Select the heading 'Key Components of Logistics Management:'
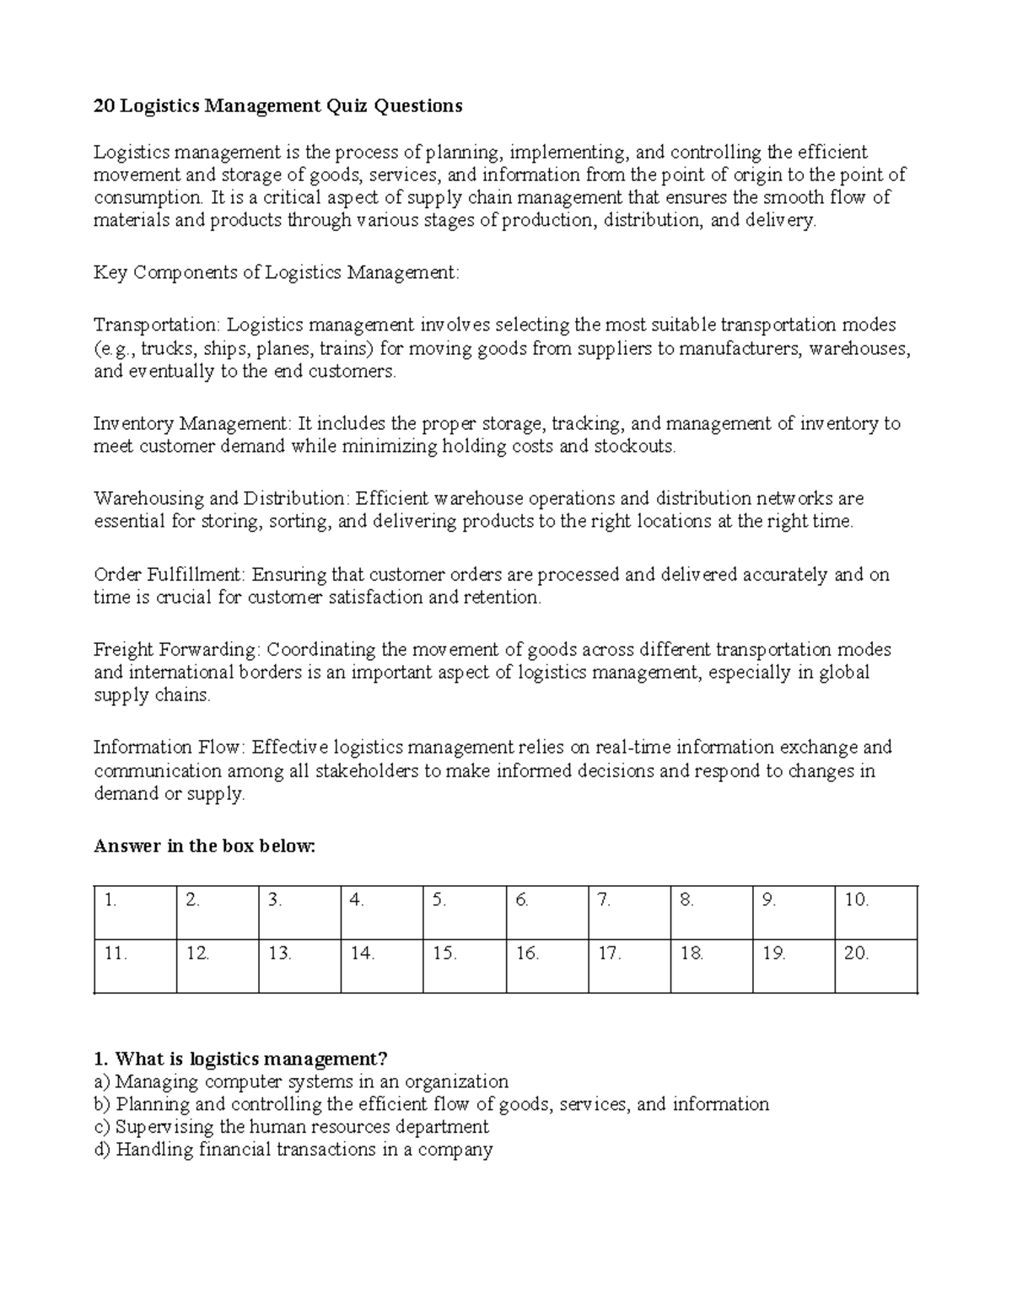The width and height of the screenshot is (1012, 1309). click(277, 272)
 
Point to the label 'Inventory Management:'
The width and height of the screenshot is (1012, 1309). click(191, 423)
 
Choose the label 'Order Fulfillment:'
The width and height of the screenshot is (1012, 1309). click(170, 575)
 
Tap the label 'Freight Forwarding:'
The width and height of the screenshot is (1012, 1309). click(177, 650)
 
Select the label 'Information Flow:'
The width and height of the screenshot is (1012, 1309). click(170, 748)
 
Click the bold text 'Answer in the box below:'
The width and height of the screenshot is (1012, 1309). click(203, 846)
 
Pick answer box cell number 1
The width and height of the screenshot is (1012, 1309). click(135, 912)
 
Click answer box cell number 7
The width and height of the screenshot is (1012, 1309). click(629, 912)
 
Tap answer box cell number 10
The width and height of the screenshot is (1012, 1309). click(875, 912)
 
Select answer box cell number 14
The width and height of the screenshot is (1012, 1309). click(382, 966)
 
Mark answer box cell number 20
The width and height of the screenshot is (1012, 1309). click(875, 966)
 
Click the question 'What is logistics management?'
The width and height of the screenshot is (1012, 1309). click(242, 1059)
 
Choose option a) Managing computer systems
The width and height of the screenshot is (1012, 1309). click(301, 1081)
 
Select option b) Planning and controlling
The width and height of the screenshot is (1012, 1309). click(431, 1104)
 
